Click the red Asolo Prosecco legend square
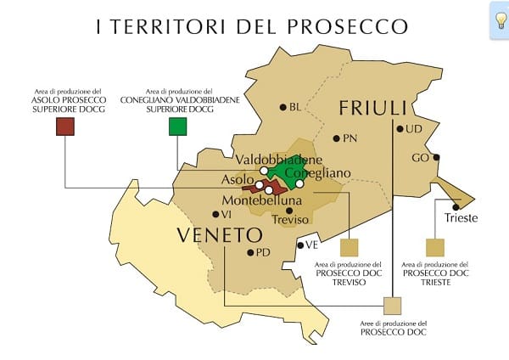pyautogui.click(x=65, y=127)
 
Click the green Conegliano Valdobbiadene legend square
pyautogui.click(x=177, y=127)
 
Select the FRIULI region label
pyautogui.click(x=374, y=108)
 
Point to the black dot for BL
pyautogui.click(x=283, y=107)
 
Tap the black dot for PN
pyautogui.click(x=337, y=138)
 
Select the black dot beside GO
pyautogui.click(x=436, y=157)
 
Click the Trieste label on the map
pyautogui.click(x=461, y=218)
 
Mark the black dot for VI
pyautogui.click(x=214, y=215)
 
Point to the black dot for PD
pyautogui.click(x=249, y=252)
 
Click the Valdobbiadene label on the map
pyautogui.click(x=278, y=160)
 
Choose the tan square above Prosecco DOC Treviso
pyautogui.click(x=349, y=247)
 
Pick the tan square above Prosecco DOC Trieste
pyautogui.click(x=435, y=247)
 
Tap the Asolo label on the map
pyautogui.click(x=237, y=181)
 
